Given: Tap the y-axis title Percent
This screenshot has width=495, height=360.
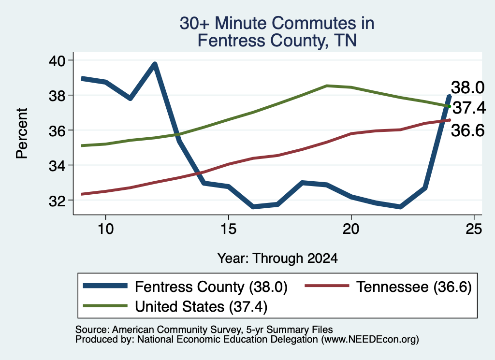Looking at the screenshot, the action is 22,133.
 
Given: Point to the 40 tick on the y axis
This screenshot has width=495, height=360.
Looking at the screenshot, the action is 57,60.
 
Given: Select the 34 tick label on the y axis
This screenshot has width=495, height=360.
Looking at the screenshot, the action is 57,165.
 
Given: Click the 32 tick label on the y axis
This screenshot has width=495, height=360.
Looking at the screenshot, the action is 57,201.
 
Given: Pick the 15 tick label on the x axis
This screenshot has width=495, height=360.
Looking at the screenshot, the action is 228,229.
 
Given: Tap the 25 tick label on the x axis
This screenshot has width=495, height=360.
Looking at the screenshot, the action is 474,229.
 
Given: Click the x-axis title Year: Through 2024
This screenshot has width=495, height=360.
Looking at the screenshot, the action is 277,258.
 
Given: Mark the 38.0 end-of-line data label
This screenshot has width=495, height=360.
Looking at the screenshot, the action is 467,87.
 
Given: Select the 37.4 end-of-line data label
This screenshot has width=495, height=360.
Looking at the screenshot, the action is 469,108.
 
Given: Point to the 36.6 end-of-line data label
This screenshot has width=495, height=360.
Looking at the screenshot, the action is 467,130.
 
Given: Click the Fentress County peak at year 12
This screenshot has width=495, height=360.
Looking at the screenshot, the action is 155,64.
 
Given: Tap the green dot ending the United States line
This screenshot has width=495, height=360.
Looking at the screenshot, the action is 449,106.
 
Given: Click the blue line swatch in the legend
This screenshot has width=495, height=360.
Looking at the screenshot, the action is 105,286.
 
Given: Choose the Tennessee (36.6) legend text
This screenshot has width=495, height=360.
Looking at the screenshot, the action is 414,287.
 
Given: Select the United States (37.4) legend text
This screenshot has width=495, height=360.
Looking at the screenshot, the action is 201,307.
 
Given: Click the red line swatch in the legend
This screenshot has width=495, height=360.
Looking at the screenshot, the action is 327,286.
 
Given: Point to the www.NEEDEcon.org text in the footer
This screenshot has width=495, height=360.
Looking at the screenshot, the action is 370,340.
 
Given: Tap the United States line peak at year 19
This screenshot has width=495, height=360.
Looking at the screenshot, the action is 327,86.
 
